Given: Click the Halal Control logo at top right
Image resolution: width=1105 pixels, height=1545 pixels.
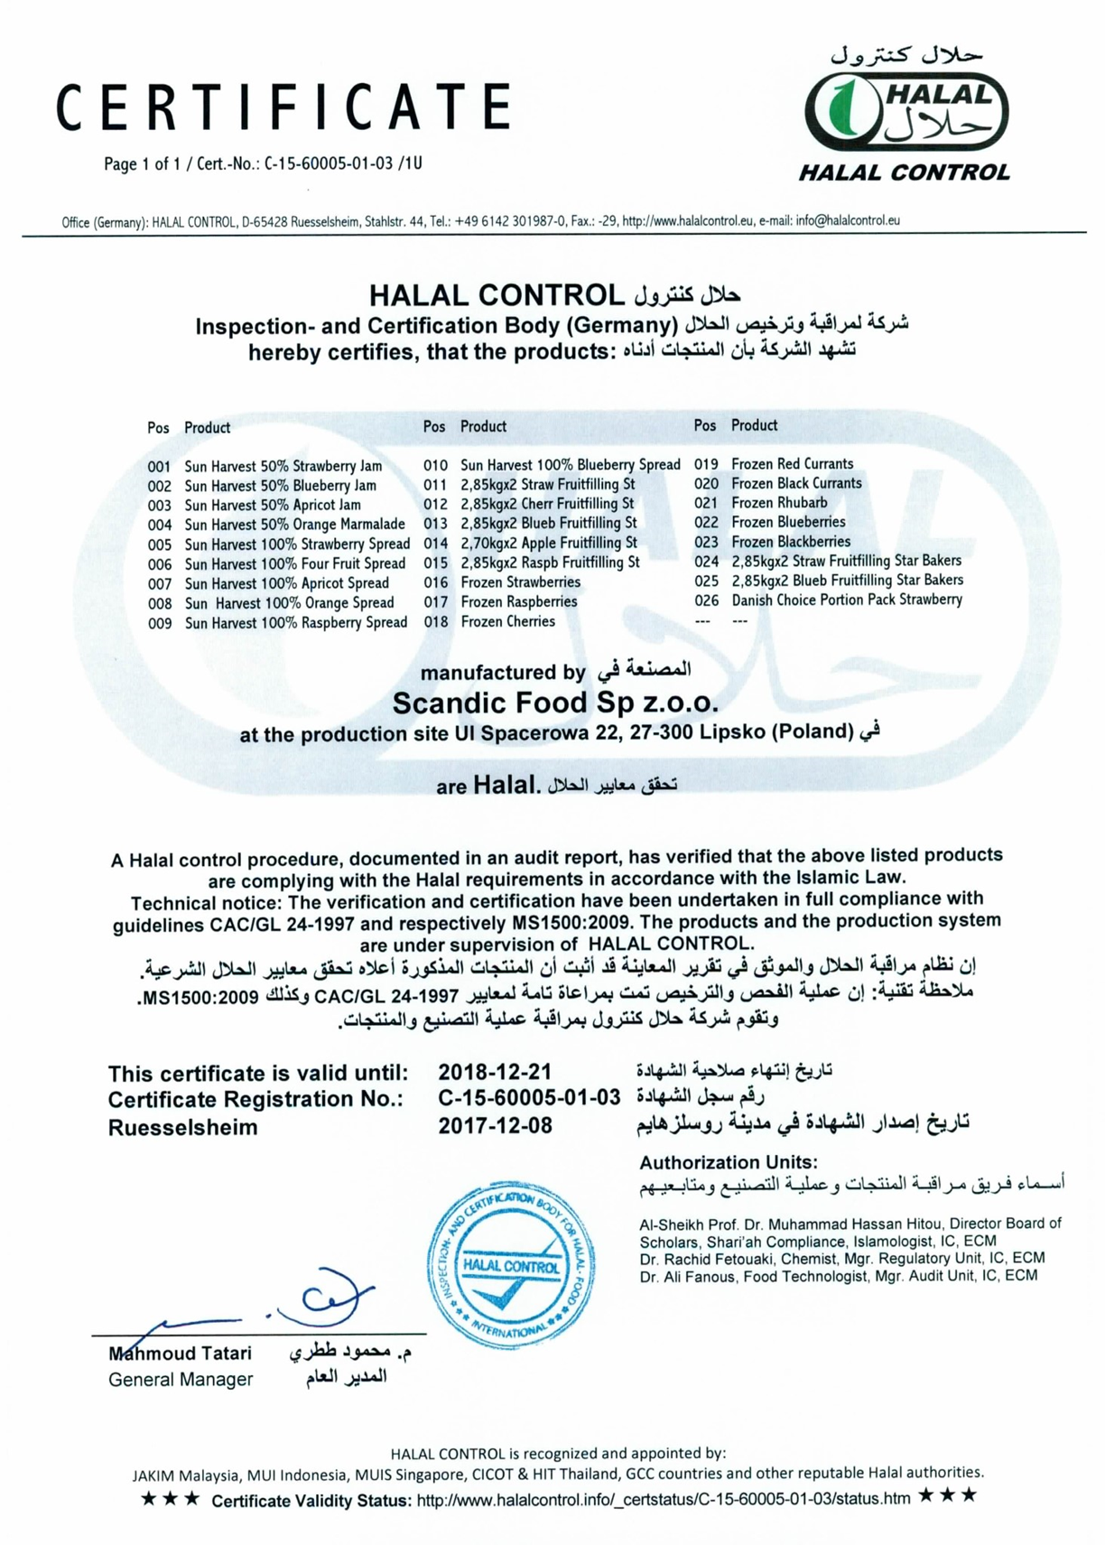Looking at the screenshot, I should point(905,113).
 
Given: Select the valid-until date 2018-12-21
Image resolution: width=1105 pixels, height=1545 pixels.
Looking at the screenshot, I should point(495,1072).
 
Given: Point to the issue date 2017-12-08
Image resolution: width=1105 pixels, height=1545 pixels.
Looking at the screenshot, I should point(495,1126).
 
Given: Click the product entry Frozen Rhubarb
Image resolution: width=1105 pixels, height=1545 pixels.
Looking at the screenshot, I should point(779,503).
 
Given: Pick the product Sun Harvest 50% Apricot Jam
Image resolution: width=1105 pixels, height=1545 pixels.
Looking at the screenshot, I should point(273,506).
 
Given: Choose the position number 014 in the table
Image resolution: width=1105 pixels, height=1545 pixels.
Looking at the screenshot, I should point(435,544).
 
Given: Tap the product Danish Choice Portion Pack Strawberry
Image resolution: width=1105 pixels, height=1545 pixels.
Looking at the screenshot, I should point(847,600).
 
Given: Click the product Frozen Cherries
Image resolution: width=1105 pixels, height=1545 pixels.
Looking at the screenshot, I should point(507,621).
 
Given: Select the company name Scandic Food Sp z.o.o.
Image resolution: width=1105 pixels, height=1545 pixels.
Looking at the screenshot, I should point(555,702).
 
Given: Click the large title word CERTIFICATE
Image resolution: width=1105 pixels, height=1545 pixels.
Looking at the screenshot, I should point(284,107).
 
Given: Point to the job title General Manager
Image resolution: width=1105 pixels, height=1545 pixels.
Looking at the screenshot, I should point(181,1379).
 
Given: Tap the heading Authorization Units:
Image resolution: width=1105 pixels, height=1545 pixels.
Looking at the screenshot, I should point(729,1162).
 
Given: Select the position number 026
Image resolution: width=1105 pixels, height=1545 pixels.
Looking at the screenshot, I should point(706,600).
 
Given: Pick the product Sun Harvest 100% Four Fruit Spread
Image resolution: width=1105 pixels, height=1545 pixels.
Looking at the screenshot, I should point(294,563).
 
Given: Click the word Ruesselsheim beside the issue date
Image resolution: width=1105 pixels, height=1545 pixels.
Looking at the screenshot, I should point(182,1128).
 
